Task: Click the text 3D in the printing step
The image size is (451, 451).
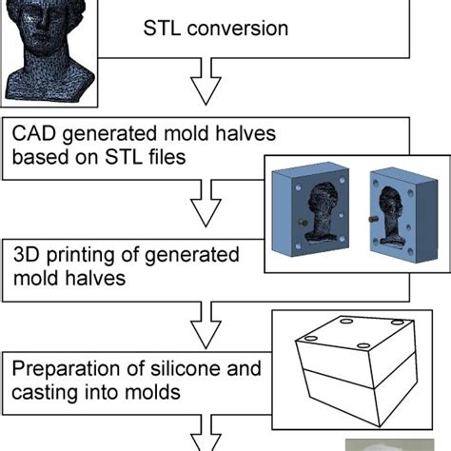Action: [x=27, y=255]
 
